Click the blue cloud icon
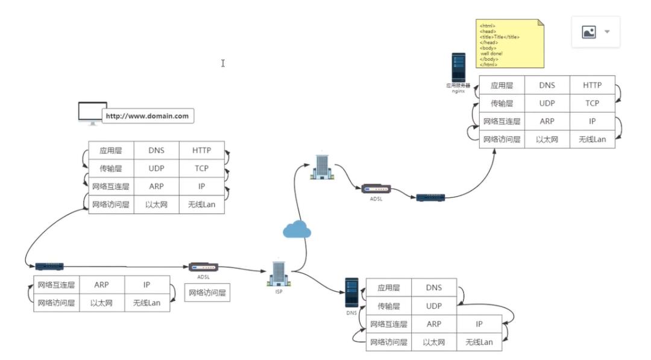[297, 229]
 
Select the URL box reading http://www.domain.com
[148, 116]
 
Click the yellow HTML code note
[510, 44]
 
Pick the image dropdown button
[596, 32]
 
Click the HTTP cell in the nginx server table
[592, 85]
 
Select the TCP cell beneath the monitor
[202, 168]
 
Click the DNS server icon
[352, 292]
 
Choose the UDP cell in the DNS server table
[434, 306]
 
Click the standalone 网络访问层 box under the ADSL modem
[207, 293]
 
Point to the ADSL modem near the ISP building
[203, 267]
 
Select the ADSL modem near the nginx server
[376, 189]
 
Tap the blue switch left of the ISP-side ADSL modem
[49, 266]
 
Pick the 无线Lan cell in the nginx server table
[592, 139]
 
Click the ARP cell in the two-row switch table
[102, 285]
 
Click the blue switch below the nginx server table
[430, 197]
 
